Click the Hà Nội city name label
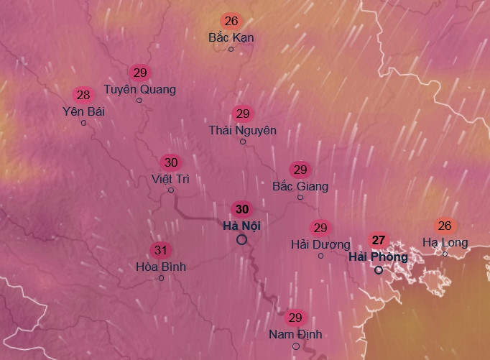(x=241, y=226)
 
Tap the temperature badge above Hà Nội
(x=242, y=209)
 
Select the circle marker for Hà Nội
(x=242, y=240)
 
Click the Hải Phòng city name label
(x=378, y=257)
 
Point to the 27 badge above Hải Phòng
(x=379, y=240)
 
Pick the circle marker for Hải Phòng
(x=379, y=270)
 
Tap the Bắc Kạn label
(x=231, y=37)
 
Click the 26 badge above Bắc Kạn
(x=231, y=21)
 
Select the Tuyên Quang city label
(x=139, y=89)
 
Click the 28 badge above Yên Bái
(x=83, y=95)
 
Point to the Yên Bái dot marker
(x=83, y=123)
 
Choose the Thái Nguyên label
(x=242, y=130)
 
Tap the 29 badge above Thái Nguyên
(x=243, y=114)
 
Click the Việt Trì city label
(x=170, y=179)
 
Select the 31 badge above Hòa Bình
(x=161, y=251)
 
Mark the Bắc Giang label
(x=300, y=187)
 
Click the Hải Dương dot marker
(x=320, y=256)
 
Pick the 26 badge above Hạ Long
(x=445, y=226)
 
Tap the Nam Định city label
(x=295, y=334)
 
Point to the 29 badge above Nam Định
(x=295, y=318)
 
